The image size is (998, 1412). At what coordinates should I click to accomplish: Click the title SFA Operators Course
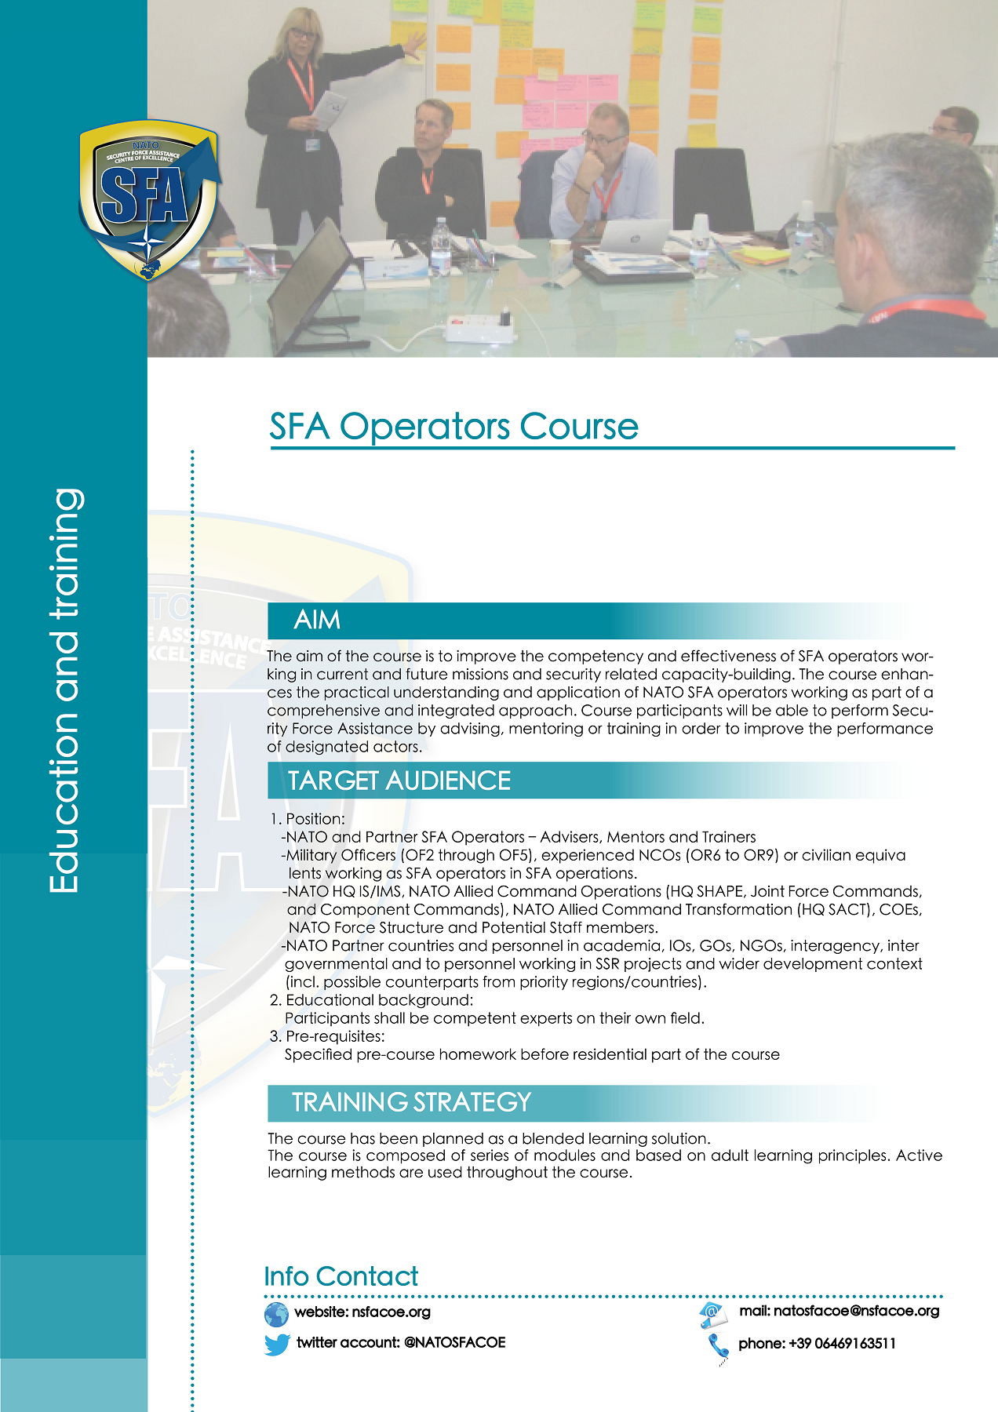pos(453,427)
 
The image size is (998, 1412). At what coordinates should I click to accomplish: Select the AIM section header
pos(317,620)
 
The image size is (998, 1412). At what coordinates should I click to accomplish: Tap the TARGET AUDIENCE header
pos(399,781)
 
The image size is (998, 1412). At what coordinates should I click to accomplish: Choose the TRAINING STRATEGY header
pos(411,1103)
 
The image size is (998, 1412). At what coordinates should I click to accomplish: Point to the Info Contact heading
pos(341,1276)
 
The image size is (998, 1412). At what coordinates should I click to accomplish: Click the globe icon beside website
pos(276,1314)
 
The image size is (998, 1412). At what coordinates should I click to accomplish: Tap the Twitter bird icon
pos(277,1345)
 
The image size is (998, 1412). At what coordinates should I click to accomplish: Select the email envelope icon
pos(711,1313)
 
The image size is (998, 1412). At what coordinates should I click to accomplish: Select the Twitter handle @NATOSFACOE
pos(454,1342)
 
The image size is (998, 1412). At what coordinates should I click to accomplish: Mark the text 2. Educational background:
pos(371,1000)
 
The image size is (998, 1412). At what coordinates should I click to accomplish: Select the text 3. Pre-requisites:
pos(327,1036)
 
